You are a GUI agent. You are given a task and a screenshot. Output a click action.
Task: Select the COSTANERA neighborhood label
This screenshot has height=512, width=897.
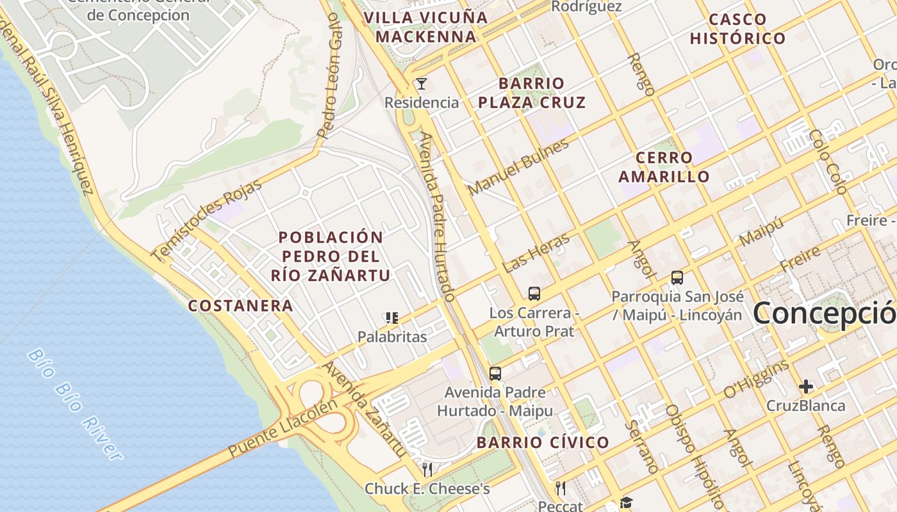240,306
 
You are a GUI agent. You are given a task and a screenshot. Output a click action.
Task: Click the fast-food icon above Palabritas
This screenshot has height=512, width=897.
392,318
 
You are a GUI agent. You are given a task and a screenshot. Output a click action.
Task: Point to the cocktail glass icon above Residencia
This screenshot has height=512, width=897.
422,84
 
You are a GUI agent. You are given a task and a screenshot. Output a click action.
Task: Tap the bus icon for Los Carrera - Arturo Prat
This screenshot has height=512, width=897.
534,294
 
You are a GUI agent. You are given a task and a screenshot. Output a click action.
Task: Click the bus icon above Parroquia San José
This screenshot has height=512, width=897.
677,278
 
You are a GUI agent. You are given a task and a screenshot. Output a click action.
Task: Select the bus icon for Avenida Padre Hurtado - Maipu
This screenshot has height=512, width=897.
495,373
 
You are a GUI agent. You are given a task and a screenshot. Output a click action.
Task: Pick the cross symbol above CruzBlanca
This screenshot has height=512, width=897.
806,387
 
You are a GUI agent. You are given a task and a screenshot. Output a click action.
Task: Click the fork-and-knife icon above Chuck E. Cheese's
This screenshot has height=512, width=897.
427,470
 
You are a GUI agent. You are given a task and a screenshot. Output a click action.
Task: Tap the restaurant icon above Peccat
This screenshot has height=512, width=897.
561,488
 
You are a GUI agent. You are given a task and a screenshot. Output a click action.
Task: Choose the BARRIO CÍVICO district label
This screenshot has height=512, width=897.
543,442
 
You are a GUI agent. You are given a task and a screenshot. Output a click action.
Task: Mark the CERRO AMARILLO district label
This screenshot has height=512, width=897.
664,167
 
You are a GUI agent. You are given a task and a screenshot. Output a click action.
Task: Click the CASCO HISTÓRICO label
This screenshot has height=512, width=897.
737,29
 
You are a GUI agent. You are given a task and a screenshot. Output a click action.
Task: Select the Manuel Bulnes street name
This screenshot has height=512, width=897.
518,167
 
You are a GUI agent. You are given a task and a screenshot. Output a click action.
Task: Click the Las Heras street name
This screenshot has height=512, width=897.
536,253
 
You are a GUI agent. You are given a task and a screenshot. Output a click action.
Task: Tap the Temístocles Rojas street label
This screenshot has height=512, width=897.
207,221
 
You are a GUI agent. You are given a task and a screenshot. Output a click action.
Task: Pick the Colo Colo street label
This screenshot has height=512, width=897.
828,161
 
